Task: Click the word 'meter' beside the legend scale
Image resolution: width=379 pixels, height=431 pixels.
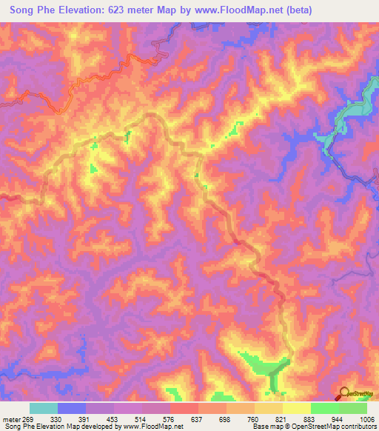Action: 13,418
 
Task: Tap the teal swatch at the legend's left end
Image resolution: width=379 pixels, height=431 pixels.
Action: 44,408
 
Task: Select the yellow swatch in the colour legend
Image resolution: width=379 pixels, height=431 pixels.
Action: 296,408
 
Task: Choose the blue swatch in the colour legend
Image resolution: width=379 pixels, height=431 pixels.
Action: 72,408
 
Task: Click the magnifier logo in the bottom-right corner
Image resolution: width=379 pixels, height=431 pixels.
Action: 344,392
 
